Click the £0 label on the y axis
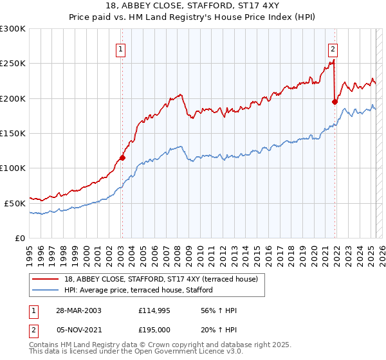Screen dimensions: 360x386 (20, 238)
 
